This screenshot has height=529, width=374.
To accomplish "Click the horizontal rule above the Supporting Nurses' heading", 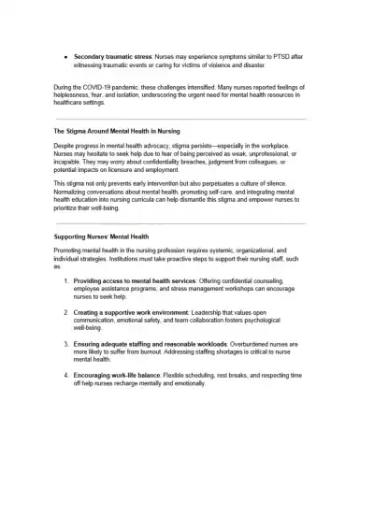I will click(187, 223).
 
